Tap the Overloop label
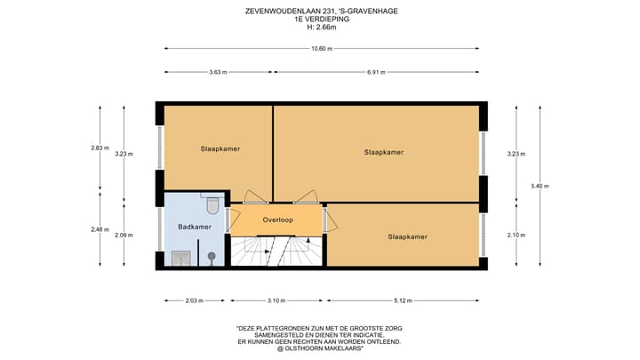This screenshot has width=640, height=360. click(x=278, y=220)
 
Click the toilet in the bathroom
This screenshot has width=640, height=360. click(x=212, y=206)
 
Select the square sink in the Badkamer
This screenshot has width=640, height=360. click(x=180, y=258)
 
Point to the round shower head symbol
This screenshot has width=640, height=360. click(x=212, y=257)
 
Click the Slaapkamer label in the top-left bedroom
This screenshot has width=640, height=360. click(x=219, y=149)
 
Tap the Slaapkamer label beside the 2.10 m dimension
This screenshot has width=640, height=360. click(x=407, y=236)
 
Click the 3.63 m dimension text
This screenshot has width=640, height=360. click(x=218, y=72)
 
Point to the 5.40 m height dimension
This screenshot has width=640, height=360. click(x=540, y=186)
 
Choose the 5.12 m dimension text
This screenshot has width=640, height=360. click(x=407, y=300)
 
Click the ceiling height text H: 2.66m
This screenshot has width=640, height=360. click(x=321, y=27)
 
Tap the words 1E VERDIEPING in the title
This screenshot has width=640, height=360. click(x=321, y=19)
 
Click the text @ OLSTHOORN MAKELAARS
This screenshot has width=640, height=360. click(x=320, y=348)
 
